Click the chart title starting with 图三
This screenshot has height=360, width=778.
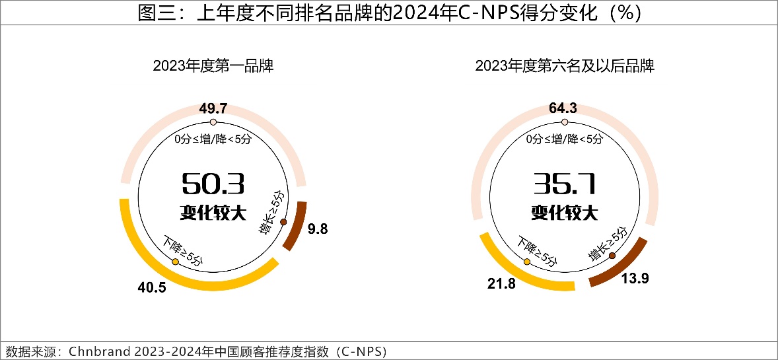pos(389,13)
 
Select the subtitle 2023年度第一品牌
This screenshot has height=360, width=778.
pos(213,66)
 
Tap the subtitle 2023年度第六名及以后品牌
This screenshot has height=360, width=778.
pos(564,66)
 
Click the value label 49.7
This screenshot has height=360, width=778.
pos(213,109)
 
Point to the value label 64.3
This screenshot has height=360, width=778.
pos(564,109)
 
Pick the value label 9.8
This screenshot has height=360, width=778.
pos(318,229)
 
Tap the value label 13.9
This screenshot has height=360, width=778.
pos(635,279)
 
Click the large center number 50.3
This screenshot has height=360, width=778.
pos(213,183)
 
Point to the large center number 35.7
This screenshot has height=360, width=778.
pos(564,183)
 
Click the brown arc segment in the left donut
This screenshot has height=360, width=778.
pos(294,225)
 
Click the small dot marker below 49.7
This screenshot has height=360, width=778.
pos(213,123)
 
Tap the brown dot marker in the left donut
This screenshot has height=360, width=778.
pos(283,222)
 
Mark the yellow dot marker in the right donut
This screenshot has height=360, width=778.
pos(527,262)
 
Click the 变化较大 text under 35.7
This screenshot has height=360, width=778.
pos(564,213)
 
